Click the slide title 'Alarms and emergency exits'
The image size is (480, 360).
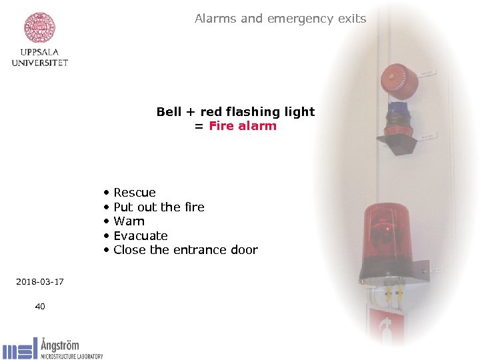point(280,19)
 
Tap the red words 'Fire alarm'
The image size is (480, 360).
point(242,126)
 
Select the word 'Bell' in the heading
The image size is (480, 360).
point(169,111)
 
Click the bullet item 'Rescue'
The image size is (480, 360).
point(134,193)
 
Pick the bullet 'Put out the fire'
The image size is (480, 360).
point(159,207)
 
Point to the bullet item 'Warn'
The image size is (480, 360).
point(129,221)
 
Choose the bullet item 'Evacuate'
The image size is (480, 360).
point(140,236)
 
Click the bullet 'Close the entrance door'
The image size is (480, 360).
point(185,250)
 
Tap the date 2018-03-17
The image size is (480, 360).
point(40,282)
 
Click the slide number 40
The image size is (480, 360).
point(40,306)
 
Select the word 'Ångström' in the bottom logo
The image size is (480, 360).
point(60,345)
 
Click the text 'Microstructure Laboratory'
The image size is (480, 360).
point(72,356)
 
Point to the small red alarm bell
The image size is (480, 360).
point(399,81)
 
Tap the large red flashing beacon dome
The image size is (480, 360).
point(387,233)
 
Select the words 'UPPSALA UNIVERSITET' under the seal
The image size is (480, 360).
point(40,58)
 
